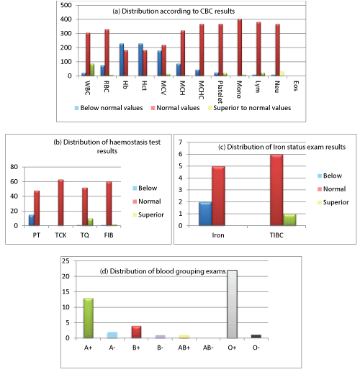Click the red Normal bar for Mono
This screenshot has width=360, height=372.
point(240,47)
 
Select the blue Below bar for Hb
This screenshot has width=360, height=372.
point(122,60)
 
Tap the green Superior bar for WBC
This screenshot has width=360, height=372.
point(92,70)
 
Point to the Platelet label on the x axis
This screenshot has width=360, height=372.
point(220,92)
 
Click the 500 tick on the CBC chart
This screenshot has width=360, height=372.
point(66,5)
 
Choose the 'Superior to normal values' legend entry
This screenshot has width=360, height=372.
point(250,108)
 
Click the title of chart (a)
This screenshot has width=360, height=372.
point(174,12)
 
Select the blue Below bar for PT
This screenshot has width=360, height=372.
point(32,220)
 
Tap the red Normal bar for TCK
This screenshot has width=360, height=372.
point(61,203)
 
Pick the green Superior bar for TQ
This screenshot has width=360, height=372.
point(90,222)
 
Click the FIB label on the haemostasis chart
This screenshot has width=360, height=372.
point(109,235)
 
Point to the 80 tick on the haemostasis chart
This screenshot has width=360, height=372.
point(14,167)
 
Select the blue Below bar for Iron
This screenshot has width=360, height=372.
point(205,214)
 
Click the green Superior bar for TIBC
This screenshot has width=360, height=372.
point(289,219)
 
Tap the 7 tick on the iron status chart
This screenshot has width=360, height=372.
point(181,142)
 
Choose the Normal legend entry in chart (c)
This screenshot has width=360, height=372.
point(332,189)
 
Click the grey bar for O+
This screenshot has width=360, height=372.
point(232,304)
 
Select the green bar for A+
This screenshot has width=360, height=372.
point(89,318)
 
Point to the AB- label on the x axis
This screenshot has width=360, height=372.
point(208,348)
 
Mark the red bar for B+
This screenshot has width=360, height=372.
point(136,332)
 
